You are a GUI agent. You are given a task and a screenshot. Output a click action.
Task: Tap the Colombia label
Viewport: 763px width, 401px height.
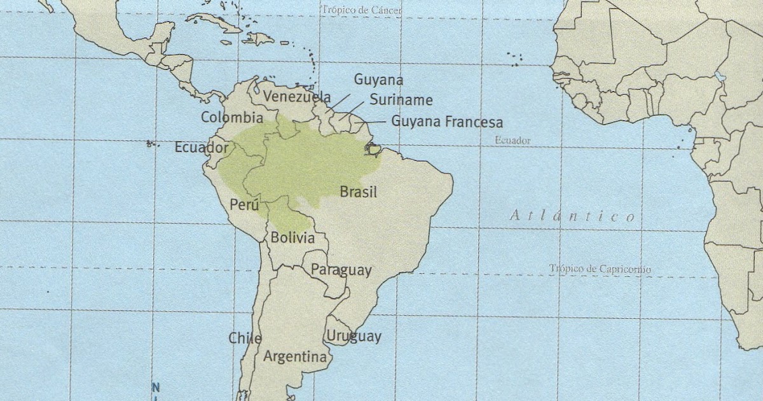point(232,118)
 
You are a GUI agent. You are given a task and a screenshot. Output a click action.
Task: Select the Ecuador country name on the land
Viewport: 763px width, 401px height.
point(202,148)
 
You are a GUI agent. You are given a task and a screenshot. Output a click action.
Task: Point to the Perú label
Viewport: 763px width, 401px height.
point(245,206)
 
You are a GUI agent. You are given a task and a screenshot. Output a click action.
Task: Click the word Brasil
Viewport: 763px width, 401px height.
point(359,192)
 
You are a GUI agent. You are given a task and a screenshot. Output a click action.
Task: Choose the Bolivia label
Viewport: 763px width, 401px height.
point(292,238)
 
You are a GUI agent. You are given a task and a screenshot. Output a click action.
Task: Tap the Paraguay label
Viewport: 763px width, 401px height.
point(341,270)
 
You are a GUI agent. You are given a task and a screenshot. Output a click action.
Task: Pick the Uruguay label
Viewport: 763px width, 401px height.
point(354,337)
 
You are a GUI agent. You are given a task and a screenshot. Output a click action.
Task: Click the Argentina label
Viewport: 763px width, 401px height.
point(295,356)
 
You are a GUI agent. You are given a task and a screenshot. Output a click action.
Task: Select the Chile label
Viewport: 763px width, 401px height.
point(245,338)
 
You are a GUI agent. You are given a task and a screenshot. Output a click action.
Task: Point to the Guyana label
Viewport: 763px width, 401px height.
point(378,80)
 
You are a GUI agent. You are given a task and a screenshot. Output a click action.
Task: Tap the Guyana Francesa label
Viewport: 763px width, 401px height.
point(447,121)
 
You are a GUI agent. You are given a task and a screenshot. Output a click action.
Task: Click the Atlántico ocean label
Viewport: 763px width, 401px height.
point(572,216)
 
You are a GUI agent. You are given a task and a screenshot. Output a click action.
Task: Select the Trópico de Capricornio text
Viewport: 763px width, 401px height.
point(600,269)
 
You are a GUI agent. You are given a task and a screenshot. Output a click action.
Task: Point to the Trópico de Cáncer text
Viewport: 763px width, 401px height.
point(362,10)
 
